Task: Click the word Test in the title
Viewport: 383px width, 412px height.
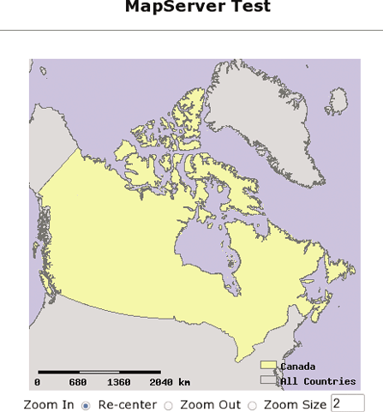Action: click(x=251, y=8)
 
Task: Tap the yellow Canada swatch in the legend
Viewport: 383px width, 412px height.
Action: click(x=268, y=366)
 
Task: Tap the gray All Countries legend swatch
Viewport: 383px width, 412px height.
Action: click(x=268, y=380)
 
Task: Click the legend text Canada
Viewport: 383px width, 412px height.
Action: click(x=297, y=367)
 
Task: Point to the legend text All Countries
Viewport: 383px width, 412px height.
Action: click(x=318, y=381)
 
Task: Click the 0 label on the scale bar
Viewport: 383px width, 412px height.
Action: click(x=37, y=381)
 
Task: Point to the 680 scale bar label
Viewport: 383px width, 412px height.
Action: click(x=78, y=381)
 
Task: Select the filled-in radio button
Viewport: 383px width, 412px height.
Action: click(x=86, y=404)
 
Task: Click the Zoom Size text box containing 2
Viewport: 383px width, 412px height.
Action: click(x=347, y=403)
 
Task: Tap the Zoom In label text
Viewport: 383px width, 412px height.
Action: click(x=49, y=404)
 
